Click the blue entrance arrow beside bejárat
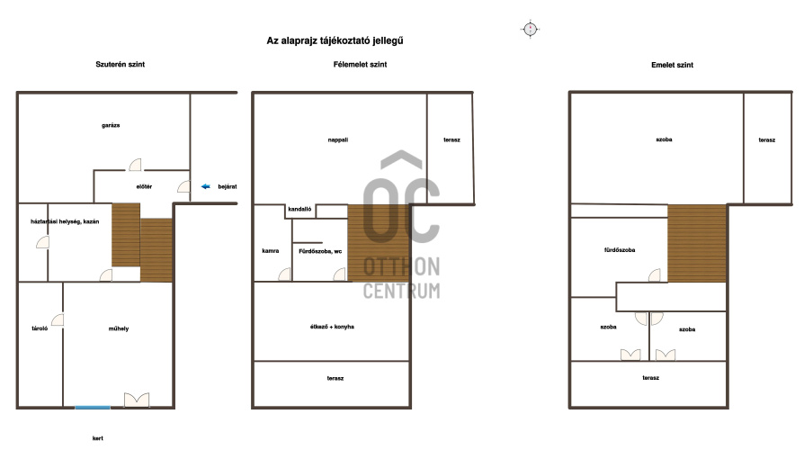tap(206, 186)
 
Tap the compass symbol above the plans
tap(531, 29)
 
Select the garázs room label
tap(111, 125)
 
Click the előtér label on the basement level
tap(144, 187)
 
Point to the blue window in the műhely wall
tap(93, 408)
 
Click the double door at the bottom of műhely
tap(137, 400)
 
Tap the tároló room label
tap(40, 328)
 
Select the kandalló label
tap(299, 209)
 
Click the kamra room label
tap(270, 251)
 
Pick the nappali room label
tap(338, 139)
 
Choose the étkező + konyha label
tap(332, 327)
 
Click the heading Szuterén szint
tap(120, 64)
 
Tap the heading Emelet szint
tap(672, 65)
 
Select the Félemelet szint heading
tap(360, 64)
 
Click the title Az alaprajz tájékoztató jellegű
tap(335, 40)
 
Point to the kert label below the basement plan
tap(97, 438)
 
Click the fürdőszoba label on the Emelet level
tap(620, 250)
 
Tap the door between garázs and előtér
tap(135, 165)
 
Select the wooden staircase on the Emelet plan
tap(697, 243)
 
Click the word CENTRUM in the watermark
tap(401, 291)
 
